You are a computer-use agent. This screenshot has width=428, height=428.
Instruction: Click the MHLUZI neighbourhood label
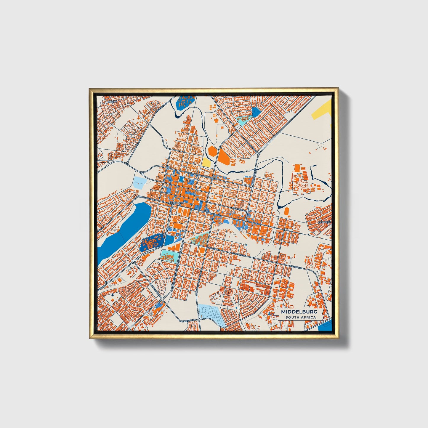[x=111, y=101]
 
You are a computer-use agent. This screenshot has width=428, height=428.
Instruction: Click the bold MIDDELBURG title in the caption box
[x=299, y=312]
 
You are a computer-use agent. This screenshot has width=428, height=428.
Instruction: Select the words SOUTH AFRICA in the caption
[x=301, y=317]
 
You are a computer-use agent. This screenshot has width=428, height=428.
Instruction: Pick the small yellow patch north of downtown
[x=206, y=162]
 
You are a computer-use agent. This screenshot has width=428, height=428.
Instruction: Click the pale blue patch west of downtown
[x=140, y=181]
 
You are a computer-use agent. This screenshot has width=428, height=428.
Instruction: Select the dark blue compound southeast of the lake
[x=151, y=242]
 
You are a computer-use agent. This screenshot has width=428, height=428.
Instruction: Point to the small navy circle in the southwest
[x=113, y=295]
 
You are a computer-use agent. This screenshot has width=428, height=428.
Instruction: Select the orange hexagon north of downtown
[x=212, y=151]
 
